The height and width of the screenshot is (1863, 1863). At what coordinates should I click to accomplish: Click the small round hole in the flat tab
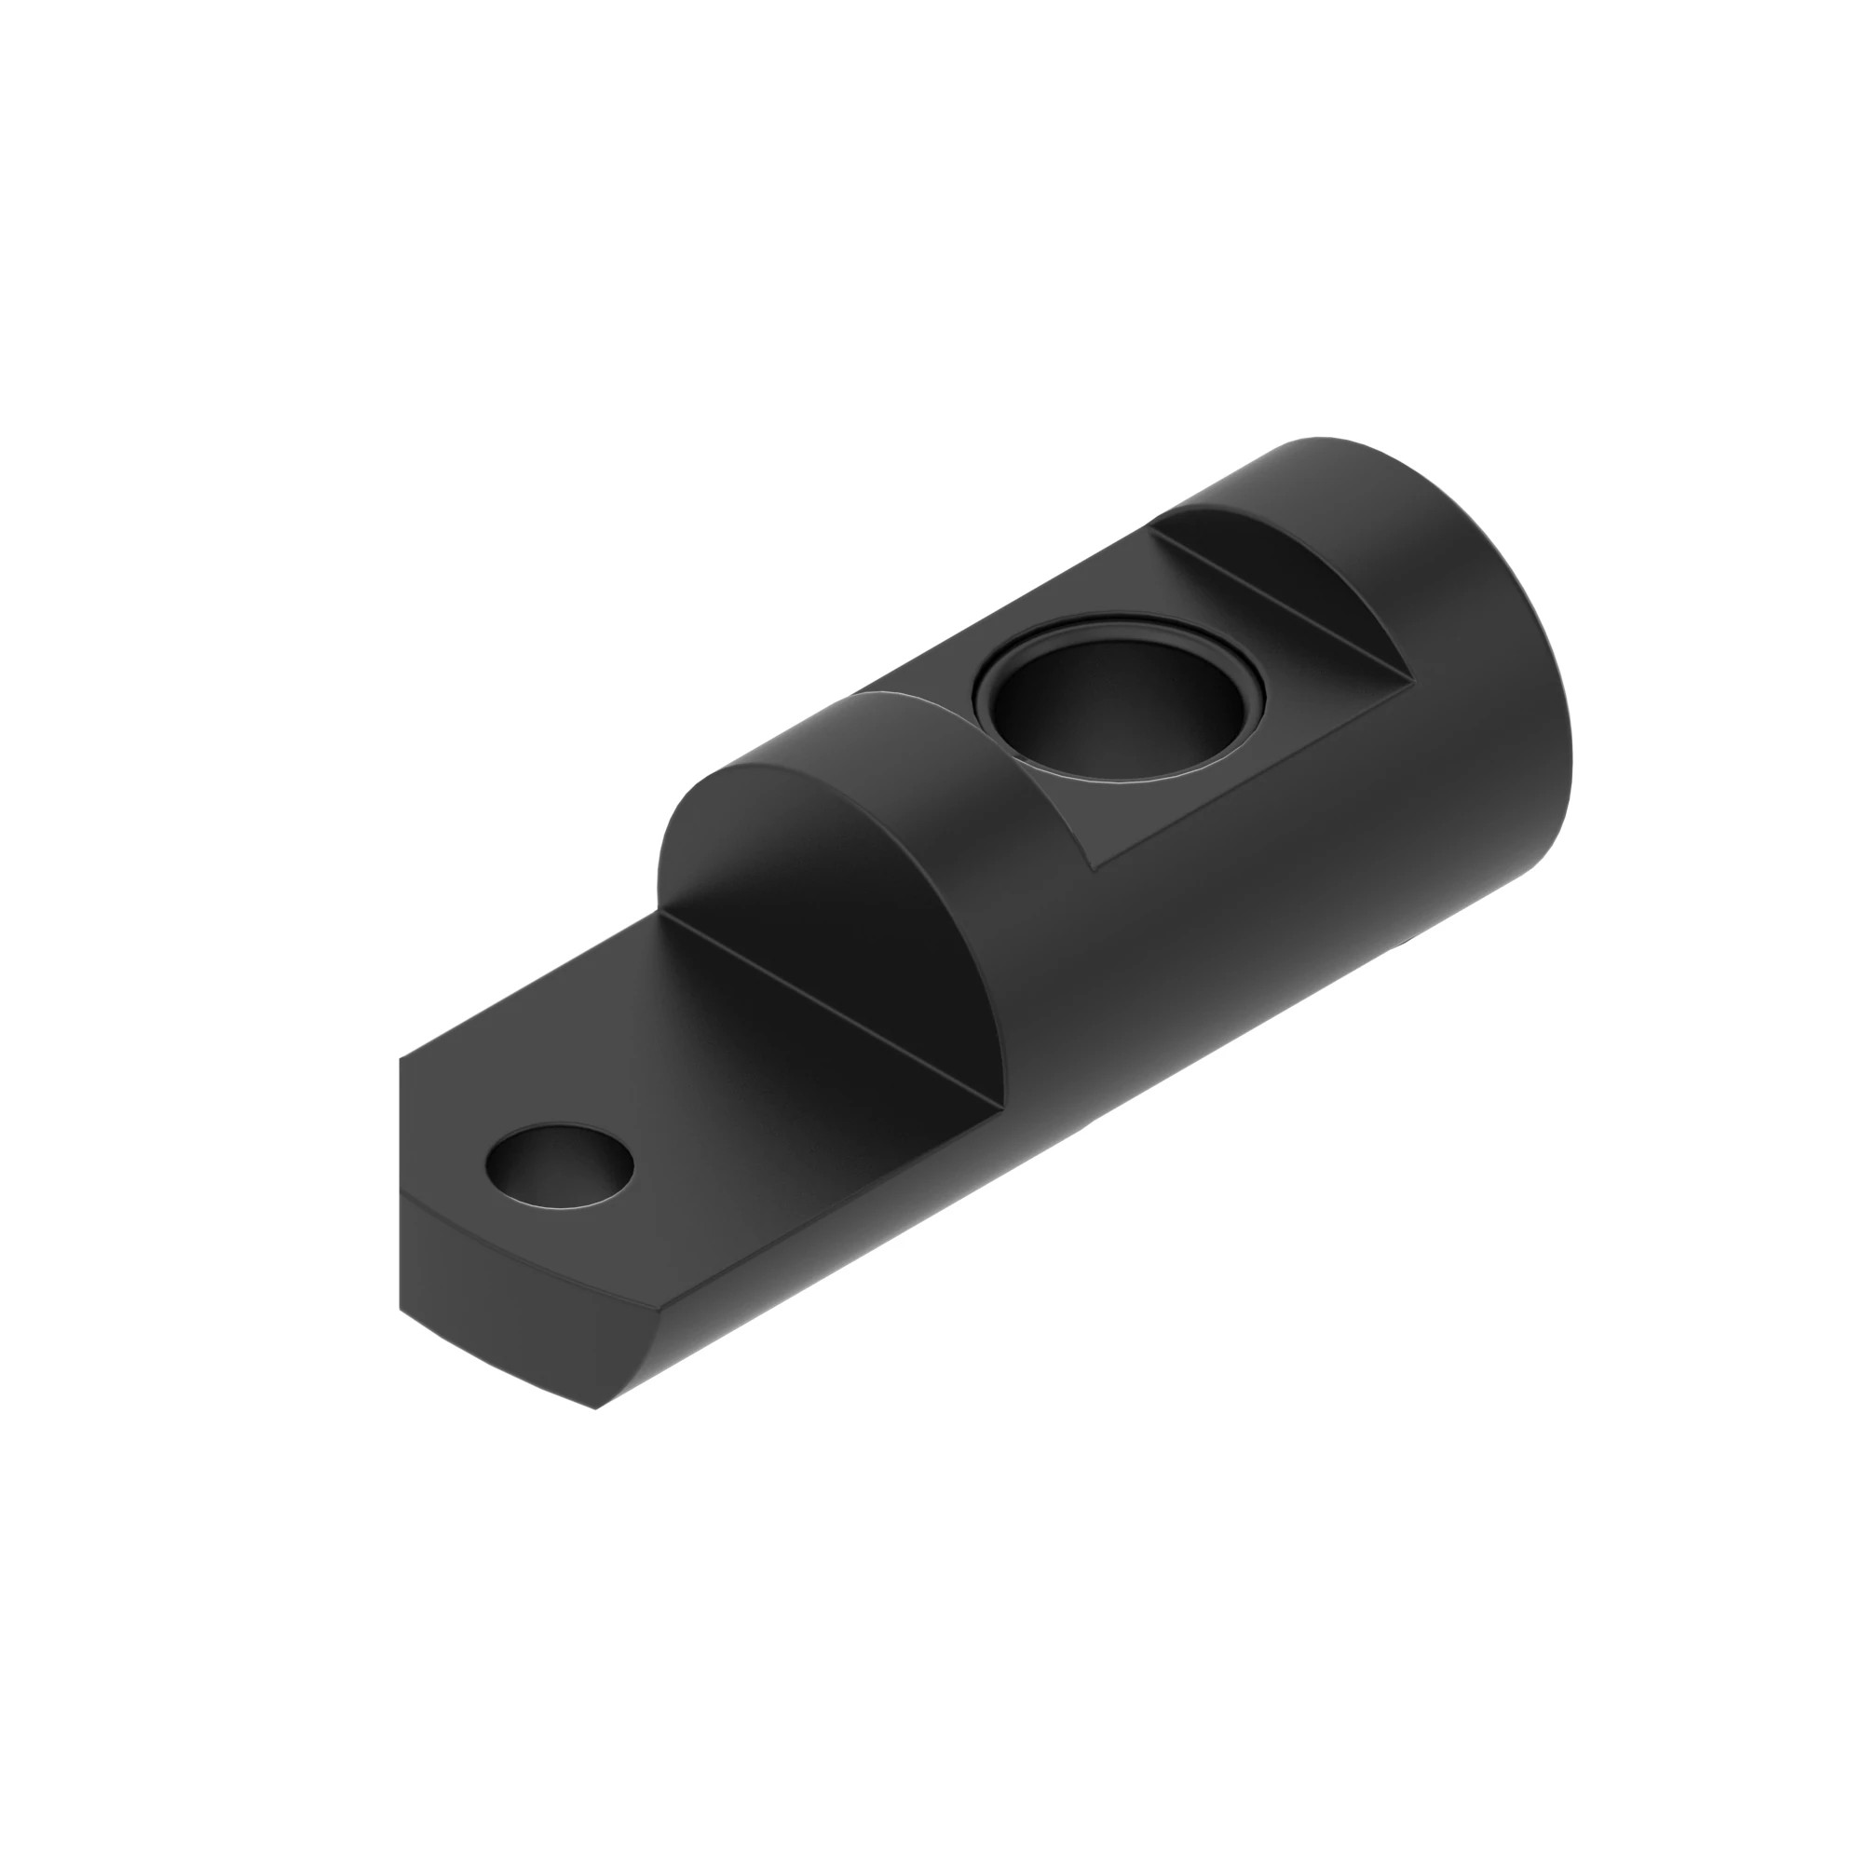point(560,1168)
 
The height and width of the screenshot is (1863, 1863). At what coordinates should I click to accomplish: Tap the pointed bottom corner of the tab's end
point(596,1408)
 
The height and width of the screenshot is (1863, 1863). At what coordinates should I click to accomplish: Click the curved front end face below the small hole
point(501,1292)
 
